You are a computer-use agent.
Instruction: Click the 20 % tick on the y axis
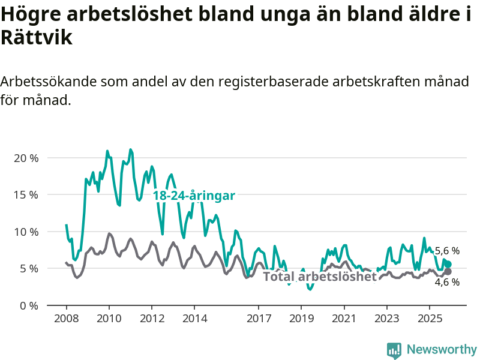click(25, 158)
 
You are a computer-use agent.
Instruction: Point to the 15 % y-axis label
click(25, 195)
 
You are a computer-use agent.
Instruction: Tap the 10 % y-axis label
click(25, 232)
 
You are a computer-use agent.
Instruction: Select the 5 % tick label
click(28, 268)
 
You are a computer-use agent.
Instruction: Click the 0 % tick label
click(28, 305)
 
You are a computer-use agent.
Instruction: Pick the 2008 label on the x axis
click(66, 317)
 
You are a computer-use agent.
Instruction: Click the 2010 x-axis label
click(109, 317)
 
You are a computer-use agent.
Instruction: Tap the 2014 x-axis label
click(194, 317)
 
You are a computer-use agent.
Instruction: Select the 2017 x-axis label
click(259, 317)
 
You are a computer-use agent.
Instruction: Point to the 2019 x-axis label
click(301, 317)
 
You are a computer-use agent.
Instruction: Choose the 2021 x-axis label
click(344, 317)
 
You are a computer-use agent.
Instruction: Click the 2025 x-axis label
click(430, 317)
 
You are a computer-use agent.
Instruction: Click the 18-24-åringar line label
click(194, 196)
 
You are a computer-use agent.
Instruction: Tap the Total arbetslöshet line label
click(320, 277)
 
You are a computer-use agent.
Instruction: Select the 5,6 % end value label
click(447, 251)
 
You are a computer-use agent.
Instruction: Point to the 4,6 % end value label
click(447, 282)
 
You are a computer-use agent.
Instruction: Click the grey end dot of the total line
click(448, 272)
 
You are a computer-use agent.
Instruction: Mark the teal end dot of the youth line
click(448, 265)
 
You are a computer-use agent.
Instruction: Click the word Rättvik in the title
click(37, 38)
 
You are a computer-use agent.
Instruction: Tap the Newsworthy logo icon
click(394, 350)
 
